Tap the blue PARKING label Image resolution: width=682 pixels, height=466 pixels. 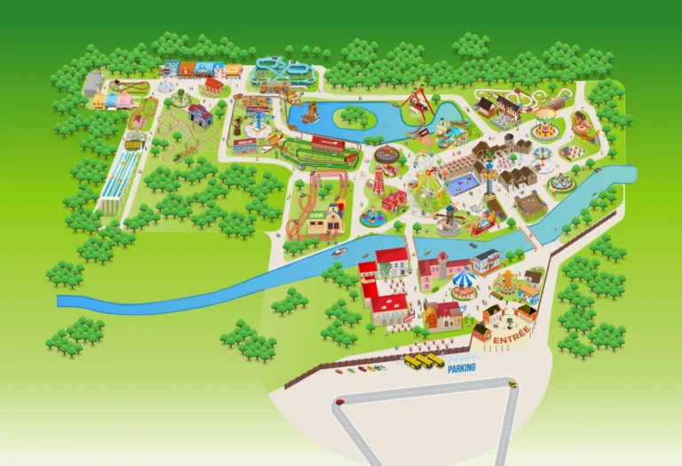tap(461, 367)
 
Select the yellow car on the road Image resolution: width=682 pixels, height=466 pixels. tap(511, 383)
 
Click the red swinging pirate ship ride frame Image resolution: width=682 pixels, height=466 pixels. tap(417, 105)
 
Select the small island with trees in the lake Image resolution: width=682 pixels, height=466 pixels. tap(355, 116)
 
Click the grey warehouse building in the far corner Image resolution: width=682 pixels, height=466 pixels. tap(92, 84)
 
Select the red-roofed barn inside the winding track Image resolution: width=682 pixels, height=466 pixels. tap(200, 115)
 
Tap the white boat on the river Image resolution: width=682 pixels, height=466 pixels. tap(338, 252)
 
